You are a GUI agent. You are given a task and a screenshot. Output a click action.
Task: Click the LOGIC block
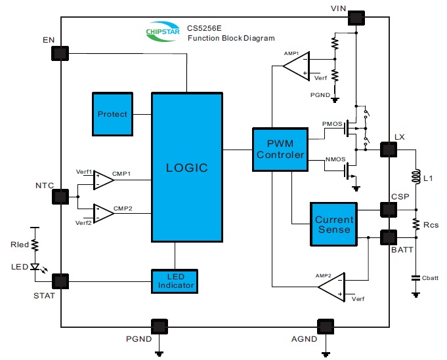[x=187, y=167]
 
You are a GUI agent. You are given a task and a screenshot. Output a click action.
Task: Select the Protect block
[x=112, y=114]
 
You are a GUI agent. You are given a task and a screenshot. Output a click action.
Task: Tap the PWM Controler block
[x=280, y=150]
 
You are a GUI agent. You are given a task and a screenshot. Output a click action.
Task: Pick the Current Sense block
[x=333, y=225]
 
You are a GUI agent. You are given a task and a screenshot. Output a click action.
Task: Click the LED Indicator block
[x=175, y=281]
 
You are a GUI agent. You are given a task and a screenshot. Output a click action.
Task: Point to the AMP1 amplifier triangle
[x=297, y=66]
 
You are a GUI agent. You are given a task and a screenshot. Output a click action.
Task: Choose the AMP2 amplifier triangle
[x=333, y=287]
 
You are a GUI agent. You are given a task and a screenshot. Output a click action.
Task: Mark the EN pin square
[x=60, y=54]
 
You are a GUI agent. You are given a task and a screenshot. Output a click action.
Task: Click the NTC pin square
[x=60, y=197]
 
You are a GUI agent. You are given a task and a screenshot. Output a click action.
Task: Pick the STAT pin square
[x=60, y=281]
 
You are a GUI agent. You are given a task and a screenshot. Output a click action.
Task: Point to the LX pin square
[x=389, y=150]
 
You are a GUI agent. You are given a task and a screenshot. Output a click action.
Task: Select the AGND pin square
[x=325, y=326]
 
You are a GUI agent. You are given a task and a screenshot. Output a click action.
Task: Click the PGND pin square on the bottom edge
[x=159, y=326]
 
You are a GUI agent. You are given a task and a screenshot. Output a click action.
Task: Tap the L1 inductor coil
[x=415, y=178]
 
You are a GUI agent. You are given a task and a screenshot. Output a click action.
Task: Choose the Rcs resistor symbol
[x=415, y=224]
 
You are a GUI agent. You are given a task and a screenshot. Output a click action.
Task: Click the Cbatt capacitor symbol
[x=415, y=277]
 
